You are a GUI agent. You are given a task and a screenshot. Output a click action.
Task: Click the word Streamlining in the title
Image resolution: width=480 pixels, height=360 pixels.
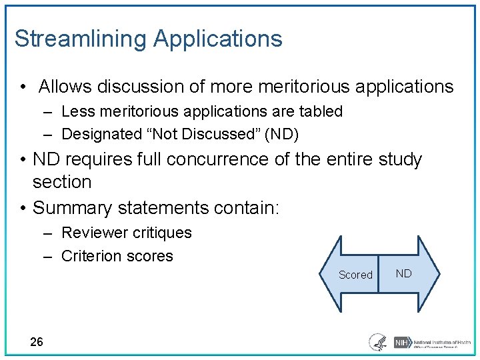pyautogui.click(x=80, y=39)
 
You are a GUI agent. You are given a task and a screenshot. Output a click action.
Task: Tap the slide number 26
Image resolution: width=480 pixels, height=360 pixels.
pyautogui.click(x=37, y=342)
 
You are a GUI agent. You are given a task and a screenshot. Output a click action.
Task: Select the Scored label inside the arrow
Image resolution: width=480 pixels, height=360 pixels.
pyautogui.click(x=355, y=275)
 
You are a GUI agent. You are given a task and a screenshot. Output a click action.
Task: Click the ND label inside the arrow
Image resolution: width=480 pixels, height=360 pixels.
pyautogui.click(x=404, y=273)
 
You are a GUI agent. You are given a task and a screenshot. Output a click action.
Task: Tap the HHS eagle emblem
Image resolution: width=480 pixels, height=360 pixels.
pyautogui.click(x=378, y=342)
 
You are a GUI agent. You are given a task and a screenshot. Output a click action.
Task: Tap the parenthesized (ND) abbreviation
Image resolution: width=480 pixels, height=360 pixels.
pyautogui.click(x=282, y=134)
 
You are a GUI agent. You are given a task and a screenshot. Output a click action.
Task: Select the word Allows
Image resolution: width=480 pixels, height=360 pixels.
pyautogui.click(x=65, y=87)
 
